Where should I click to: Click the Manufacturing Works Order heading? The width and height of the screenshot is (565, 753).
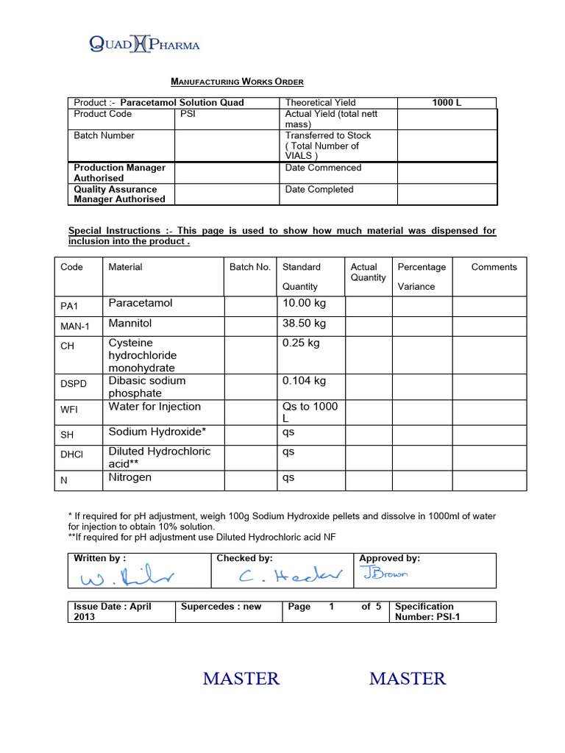[237, 82]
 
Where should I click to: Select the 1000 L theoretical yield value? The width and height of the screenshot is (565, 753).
[447, 103]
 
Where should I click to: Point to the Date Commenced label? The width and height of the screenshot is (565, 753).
[323, 168]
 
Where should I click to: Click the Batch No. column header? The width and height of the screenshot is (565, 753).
[250, 267]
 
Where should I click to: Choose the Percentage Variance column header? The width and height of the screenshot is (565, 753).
[422, 276]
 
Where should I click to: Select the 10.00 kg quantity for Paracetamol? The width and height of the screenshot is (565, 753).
[304, 304]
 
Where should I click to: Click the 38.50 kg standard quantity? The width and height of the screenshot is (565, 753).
[304, 324]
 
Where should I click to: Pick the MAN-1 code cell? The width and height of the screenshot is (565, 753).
[74, 326]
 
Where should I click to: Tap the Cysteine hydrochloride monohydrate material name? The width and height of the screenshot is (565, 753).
[143, 355]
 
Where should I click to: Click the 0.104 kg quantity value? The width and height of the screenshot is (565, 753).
[304, 381]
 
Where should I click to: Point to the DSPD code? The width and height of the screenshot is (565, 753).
[74, 383]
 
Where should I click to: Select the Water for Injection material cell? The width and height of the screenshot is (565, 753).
[154, 407]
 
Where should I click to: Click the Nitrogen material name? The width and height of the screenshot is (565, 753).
[130, 478]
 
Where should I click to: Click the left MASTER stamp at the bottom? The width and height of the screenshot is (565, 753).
[241, 679]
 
